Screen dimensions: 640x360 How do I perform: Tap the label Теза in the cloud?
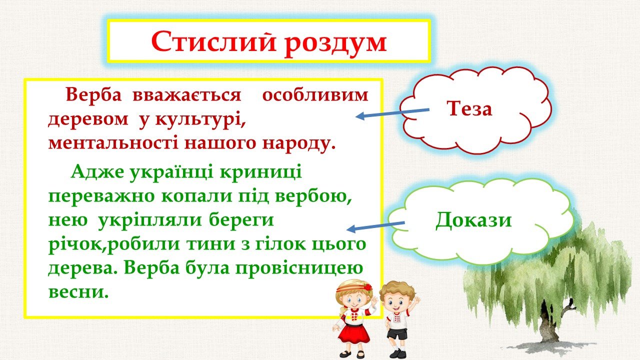(x=469, y=109)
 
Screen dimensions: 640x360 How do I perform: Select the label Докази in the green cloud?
(x=473, y=220)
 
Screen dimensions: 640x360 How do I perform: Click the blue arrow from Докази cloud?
(x=375, y=225)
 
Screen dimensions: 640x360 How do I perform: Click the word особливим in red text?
(x=315, y=95)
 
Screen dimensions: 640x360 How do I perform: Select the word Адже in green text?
(x=97, y=172)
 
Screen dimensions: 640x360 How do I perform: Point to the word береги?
(x=241, y=220)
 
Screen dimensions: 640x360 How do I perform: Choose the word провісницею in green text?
(x=299, y=268)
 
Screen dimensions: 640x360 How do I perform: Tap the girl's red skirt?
(x=353, y=335)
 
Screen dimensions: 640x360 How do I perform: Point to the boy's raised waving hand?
(x=416, y=300)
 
